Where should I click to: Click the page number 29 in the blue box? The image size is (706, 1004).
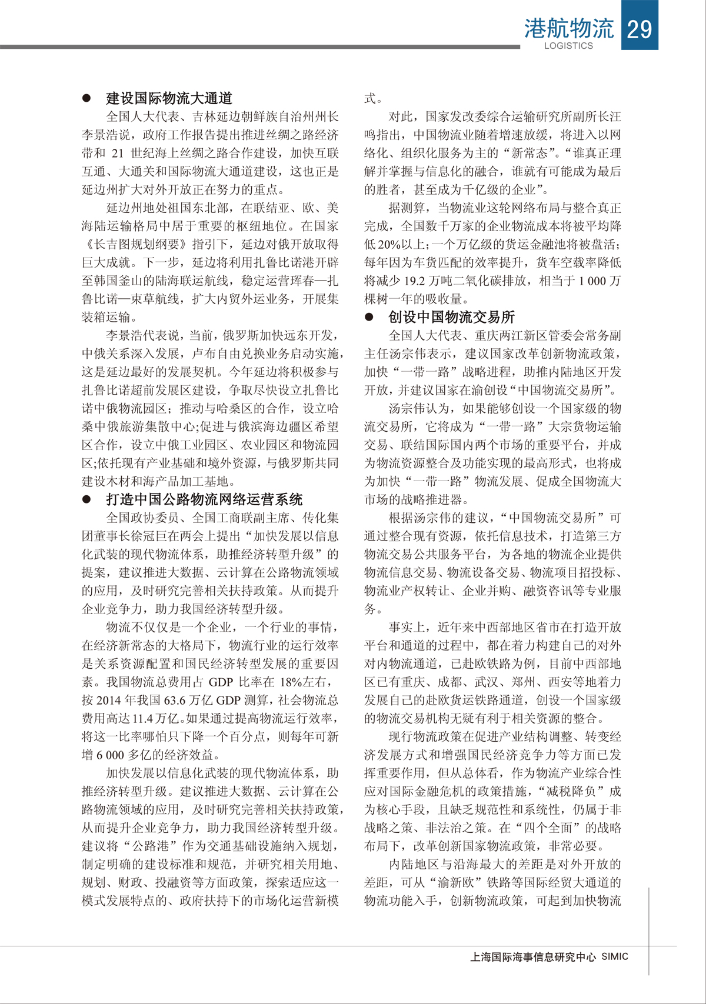(x=639, y=28)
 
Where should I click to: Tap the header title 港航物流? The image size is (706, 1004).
(x=568, y=28)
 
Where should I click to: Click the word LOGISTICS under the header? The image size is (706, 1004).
(x=568, y=46)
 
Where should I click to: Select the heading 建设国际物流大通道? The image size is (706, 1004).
(x=169, y=98)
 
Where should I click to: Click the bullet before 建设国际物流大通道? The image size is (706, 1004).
(x=87, y=98)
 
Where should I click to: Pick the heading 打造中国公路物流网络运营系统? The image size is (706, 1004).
(x=204, y=499)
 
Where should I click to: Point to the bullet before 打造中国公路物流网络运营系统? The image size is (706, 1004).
(x=87, y=499)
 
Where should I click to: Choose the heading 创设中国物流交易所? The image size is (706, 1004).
(x=451, y=317)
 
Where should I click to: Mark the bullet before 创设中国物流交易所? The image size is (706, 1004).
(x=369, y=317)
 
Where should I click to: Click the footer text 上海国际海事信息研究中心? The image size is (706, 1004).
(x=533, y=957)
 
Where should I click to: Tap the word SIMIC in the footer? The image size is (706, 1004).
(x=615, y=956)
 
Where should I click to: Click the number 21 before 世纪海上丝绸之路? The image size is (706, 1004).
(x=118, y=154)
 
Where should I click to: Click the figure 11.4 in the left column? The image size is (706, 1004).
(x=143, y=719)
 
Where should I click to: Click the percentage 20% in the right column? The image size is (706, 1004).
(x=389, y=245)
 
